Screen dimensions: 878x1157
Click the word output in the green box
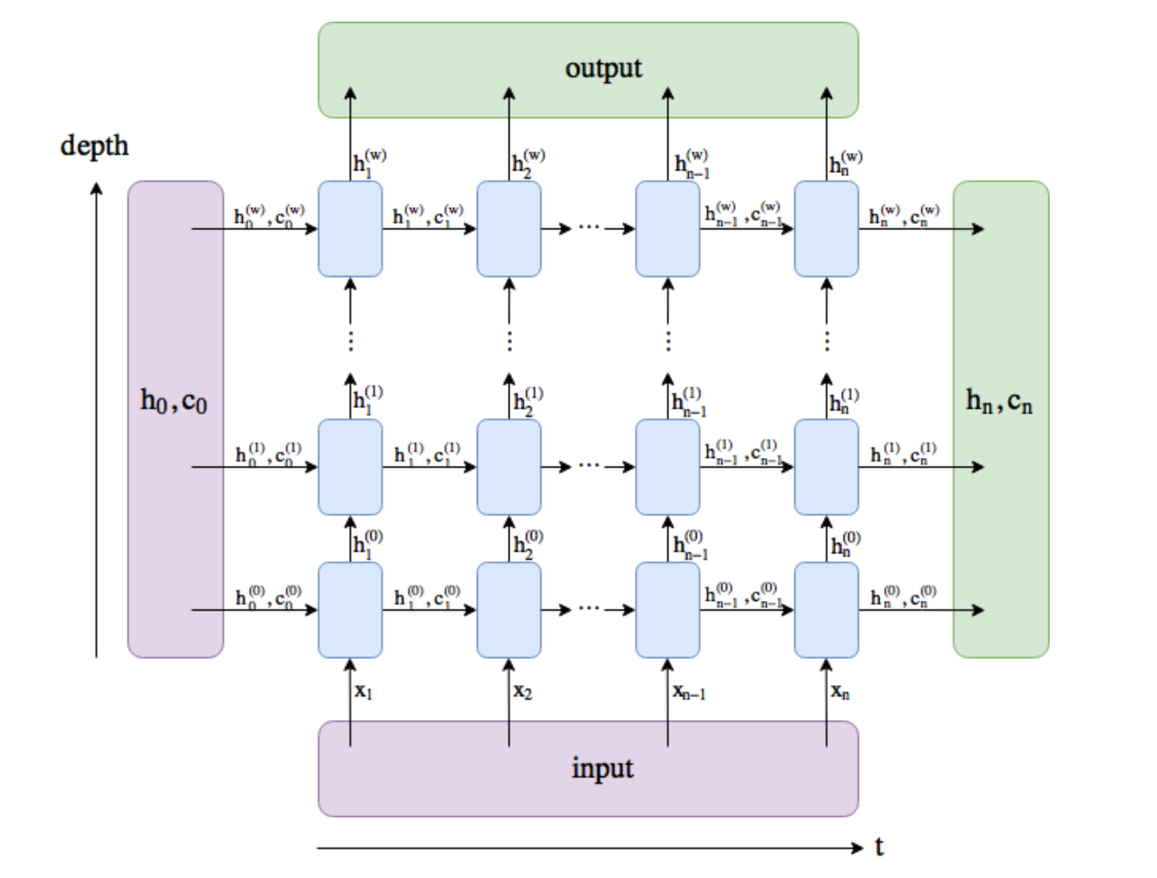[x=603, y=69]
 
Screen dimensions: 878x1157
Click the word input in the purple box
[x=602, y=768]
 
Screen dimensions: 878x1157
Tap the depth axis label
[x=94, y=146]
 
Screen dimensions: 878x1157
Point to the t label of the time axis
[x=879, y=846]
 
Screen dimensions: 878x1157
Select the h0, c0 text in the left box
[x=173, y=402]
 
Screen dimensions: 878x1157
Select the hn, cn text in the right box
[x=999, y=402]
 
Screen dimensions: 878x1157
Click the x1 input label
[x=363, y=691]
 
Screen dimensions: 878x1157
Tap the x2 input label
[x=523, y=691]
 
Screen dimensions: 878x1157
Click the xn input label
[x=839, y=691]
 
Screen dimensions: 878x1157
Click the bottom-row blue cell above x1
[x=350, y=610]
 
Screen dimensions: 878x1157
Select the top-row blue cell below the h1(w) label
[x=350, y=229]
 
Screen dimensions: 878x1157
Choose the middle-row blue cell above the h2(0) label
[x=509, y=467]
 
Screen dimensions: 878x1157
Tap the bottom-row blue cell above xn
[x=826, y=610]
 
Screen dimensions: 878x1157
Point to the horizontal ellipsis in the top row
[x=589, y=227]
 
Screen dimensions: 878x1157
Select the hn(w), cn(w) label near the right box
[x=904, y=215]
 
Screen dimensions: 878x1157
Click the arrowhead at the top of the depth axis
[x=97, y=188]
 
